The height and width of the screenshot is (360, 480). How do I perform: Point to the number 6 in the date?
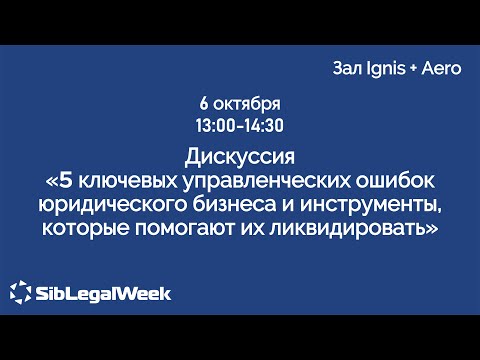point(204,104)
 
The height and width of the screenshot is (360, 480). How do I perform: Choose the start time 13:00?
point(217,127)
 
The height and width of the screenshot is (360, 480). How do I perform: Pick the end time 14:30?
point(263,127)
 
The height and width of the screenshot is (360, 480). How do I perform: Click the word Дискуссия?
point(240,157)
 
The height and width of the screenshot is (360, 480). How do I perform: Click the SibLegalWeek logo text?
point(104,294)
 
